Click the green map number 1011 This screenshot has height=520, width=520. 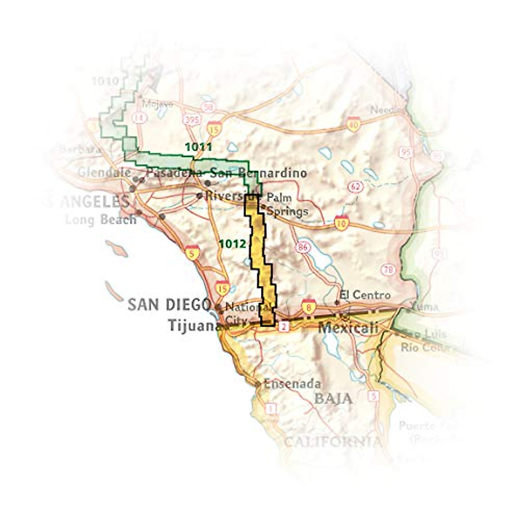coord(198,147)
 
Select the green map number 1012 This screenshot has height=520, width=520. coord(233,244)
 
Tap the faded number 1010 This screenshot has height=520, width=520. coord(105,81)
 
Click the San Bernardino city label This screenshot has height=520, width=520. coord(258,173)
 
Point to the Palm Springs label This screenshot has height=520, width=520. coord(286,204)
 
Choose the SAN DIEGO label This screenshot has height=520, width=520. coord(169,305)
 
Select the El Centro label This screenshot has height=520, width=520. coord(365,295)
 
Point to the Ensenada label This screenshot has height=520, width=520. coord(292,383)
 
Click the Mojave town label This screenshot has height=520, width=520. coord(157,104)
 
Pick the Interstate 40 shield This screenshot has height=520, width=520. coord(354,124)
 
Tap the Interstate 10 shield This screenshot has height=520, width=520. coord(342,222)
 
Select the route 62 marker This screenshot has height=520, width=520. coord(355,187)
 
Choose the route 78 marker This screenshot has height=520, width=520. coord(388,270)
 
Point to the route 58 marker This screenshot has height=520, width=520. coord(208,107)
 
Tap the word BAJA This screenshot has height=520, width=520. coord(333,398)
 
